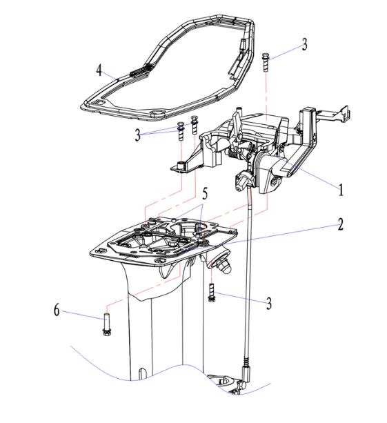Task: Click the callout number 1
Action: pyautogui.click(x=341, y=189)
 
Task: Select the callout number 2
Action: pyautogui.click(x=341, y=224)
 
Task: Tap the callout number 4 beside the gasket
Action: pyautogui.click(x=99, y=70)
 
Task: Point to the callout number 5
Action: pyautogui.click(x=205, y=193)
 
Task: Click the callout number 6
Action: pyautogui.click(x=57, y=309)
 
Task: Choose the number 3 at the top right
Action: pyautogui.click(x=304, y=44)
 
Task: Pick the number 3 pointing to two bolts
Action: pyautogui.click(x=137, y=135)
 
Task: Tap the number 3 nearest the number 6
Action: pyautogui.click(x=269, y=303)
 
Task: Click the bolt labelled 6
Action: pyautogui.click(x=106, y=324)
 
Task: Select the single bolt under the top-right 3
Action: pyautogui.click(x=266, y=62)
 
